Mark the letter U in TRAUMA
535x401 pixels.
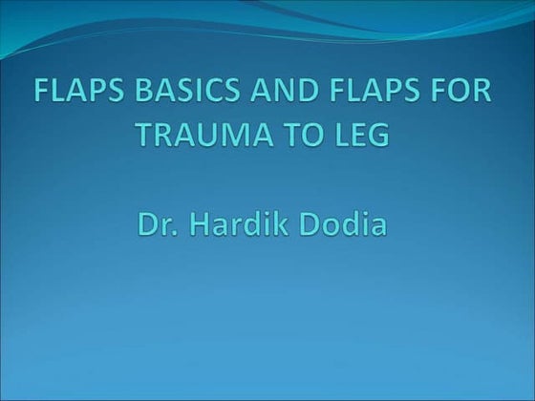tap(198, 136)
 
